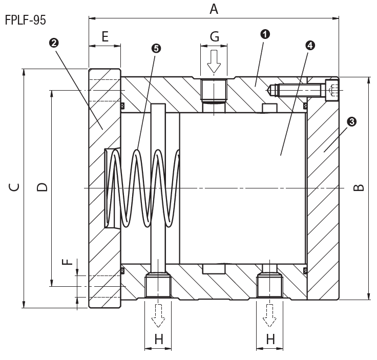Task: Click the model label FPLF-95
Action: (25, 22)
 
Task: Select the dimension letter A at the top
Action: (214, 8)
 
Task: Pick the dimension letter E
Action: (104, 36)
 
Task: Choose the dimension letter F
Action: (66, 262)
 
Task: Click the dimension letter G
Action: (214, 36)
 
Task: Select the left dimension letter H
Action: (158, 338)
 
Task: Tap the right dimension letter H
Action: (270, 338)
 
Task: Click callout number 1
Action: (265, 34)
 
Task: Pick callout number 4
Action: (309, 45)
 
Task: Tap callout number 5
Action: (156, 48)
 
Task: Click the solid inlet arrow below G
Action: (214, 60)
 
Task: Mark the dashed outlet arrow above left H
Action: (158, 315)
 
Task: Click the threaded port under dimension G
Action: (214, 90)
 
